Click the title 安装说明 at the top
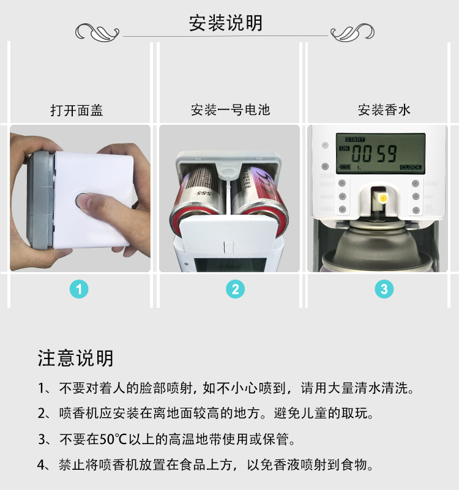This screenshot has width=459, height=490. coord(226,23)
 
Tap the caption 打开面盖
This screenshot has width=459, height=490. coord(76,111)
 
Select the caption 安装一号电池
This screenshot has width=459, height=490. coord(230,111)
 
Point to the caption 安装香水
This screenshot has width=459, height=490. coord(384,110)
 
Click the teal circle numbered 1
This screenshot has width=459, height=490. coord(78,289)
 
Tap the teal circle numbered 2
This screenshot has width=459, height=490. coord(235,289)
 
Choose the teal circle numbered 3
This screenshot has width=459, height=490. coord(384,289)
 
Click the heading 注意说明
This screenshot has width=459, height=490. coord(76,358)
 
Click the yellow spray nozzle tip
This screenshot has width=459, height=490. coord(383,198)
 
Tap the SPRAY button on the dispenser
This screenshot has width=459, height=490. coord(342,183)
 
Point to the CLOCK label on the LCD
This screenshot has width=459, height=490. coord(411,167)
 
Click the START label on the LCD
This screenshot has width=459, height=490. coord(354,139)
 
